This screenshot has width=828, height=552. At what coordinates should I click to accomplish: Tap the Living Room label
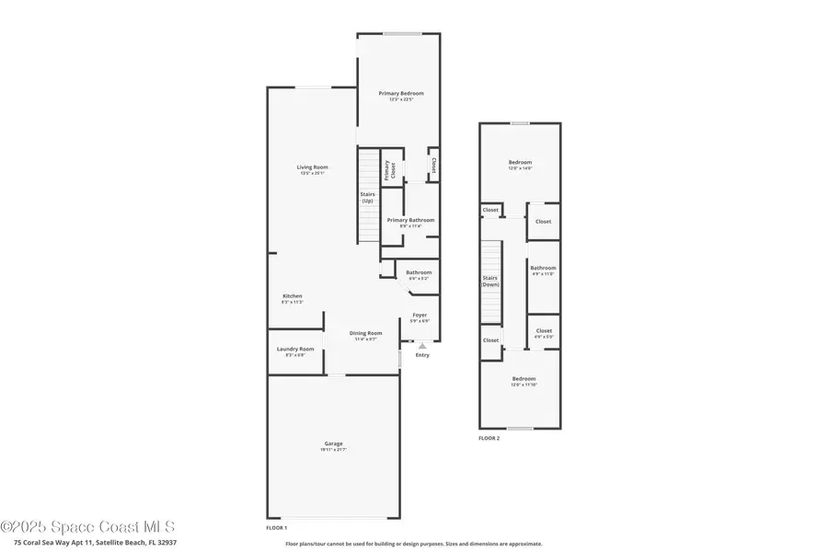point(313,169)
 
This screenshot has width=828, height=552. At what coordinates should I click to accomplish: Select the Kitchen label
point(293,298)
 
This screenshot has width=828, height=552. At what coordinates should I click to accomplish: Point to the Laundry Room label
point(295,351)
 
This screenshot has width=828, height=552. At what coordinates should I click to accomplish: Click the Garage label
point(333,446)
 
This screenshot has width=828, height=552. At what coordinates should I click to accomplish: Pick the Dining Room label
point(366,335)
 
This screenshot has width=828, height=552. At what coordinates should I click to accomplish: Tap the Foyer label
point(420,317)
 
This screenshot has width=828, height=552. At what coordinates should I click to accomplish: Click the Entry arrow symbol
point(422,346)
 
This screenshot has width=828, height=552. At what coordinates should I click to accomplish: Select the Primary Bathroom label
point(410,222)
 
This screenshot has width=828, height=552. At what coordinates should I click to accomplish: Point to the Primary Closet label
point(387,169)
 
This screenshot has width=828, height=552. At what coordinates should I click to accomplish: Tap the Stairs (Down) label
point(491,281)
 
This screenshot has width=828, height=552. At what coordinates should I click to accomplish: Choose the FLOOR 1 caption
point(276,527)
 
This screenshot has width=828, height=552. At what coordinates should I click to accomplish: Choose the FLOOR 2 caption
point(489,439)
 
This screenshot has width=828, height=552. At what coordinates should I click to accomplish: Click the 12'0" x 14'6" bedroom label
point(521,166)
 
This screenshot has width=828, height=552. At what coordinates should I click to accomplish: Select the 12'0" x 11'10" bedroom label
point(523,381)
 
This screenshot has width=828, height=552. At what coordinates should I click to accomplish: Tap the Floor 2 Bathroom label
point(543,270)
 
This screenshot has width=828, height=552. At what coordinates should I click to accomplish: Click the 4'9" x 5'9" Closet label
point(544,333)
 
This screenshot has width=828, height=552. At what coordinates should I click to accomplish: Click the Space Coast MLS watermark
point(87,527)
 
